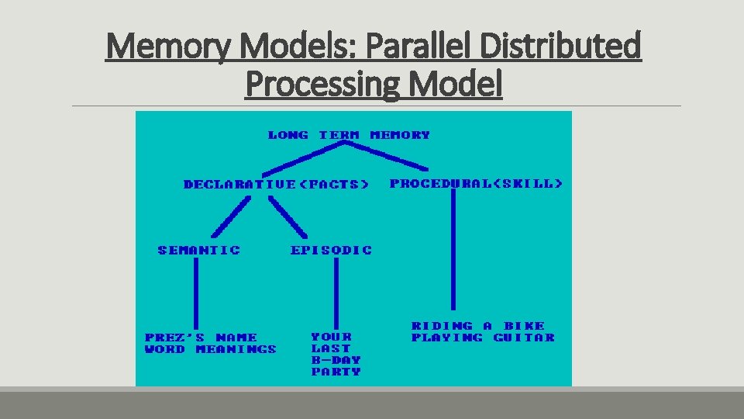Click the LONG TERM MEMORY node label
349,135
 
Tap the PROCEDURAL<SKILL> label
476,184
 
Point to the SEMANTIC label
199,250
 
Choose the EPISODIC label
331,250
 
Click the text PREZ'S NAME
201,338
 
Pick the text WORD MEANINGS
210,349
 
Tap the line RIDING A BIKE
477,326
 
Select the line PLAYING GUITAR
483,338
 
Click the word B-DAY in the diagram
336,360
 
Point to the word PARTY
336,372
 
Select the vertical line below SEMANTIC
195,293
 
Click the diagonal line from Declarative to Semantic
231,216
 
